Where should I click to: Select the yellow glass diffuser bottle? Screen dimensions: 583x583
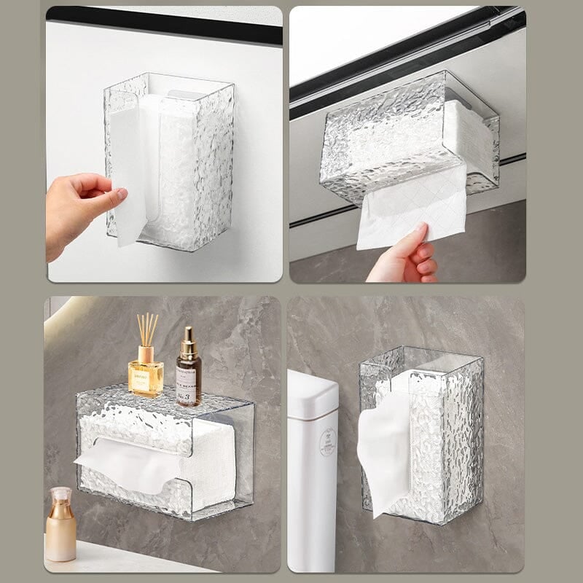(145, 375)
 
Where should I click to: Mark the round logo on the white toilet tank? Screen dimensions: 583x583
(327, 442)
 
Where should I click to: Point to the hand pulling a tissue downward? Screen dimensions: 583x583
(405, 257)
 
